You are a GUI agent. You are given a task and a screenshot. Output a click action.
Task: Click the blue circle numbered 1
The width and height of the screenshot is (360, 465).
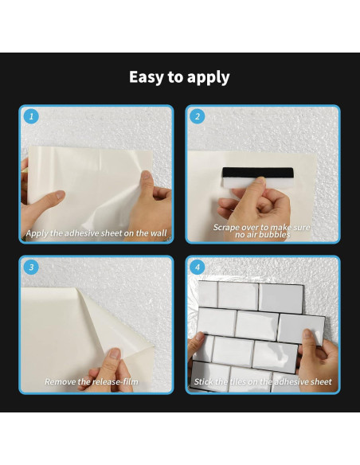coord(31,116)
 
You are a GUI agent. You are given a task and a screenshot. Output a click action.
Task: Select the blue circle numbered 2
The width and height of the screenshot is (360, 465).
coord(198,116)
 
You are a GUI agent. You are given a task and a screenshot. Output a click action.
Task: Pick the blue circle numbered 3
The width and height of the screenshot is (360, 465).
coord(31,268)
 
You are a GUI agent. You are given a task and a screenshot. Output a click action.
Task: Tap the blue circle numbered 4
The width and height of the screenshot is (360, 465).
coord(198,268)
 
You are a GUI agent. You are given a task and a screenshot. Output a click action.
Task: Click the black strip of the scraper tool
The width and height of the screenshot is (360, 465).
coord(258,173)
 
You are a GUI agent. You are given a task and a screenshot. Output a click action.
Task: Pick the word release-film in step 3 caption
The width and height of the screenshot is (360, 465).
coord(114,381)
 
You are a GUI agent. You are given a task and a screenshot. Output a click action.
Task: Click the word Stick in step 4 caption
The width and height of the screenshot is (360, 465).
coord(203,381)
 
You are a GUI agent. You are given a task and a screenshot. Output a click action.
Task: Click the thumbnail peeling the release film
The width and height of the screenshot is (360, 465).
coord(115,354)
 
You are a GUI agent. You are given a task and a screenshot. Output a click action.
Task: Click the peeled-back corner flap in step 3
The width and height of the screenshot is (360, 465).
coord(119,326)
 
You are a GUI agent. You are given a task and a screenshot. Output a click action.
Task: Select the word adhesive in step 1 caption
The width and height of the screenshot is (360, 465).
coord(81,233)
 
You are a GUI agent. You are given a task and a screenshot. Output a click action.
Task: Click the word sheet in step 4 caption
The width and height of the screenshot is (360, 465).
coord(322,381)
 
